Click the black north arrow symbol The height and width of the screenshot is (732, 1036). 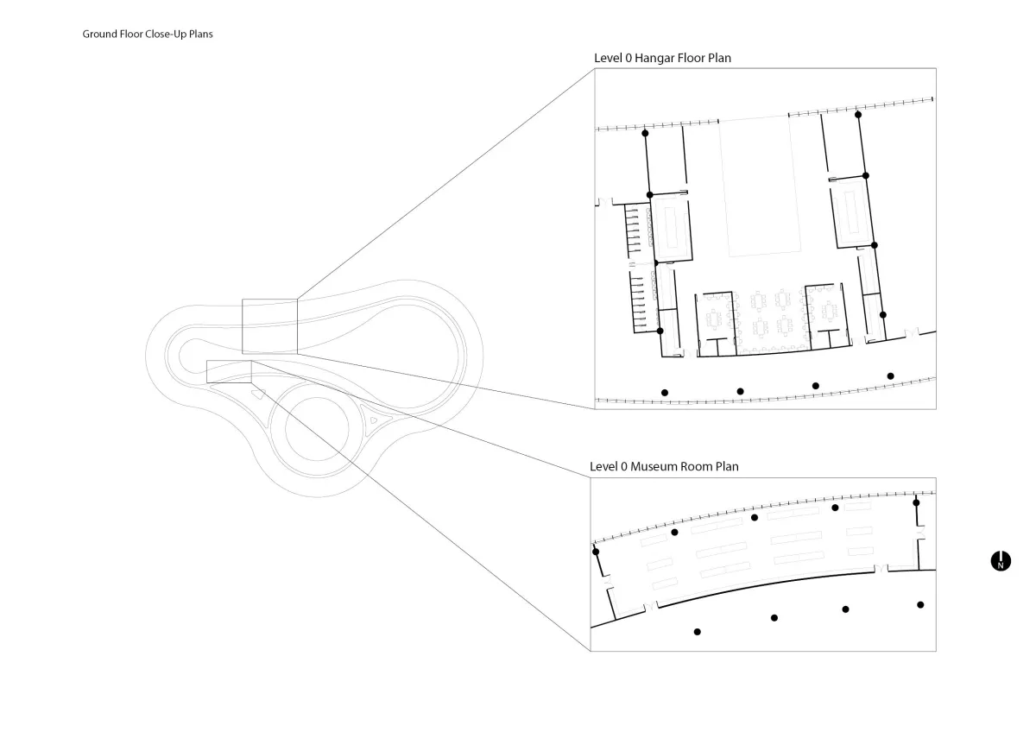coord(1001,561)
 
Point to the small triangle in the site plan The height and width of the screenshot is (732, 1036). coord(374,420)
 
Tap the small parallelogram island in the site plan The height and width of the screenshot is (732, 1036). coord(257,394)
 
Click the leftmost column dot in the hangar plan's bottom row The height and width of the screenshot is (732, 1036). coord(665,393)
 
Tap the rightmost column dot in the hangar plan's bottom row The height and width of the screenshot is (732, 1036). coord(890,376)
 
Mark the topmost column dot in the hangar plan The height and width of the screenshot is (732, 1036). coord(858,115)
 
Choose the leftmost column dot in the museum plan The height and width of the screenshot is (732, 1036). coord(596,552)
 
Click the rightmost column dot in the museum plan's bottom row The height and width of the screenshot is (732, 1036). coord(920,605)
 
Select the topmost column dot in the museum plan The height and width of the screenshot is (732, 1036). coord(916,502)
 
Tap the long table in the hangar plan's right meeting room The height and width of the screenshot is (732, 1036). coord(852,211)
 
